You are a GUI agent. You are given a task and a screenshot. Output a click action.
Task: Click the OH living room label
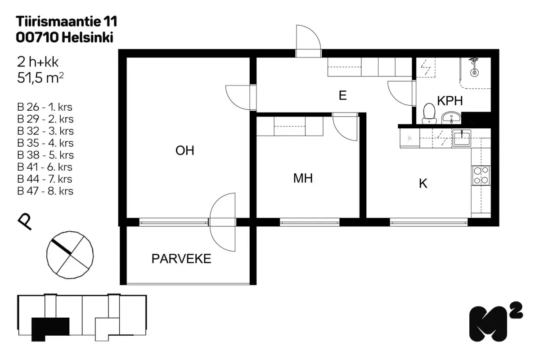tap(185, 151)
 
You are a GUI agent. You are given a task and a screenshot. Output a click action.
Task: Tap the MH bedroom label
tap(303, 179)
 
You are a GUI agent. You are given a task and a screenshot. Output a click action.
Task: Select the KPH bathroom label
tap(450, 101)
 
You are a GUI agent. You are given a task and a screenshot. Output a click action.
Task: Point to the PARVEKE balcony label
tap(181, 259)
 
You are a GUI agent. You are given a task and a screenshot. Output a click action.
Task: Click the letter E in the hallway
tap(342, 96)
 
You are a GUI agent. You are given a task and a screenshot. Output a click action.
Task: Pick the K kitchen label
tap(423, 184)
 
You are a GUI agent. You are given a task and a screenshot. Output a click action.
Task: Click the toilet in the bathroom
tap(429, 113)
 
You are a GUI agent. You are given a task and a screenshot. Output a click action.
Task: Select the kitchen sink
tap(461, 138)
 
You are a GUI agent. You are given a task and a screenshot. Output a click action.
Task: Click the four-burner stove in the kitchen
tap(481, 175)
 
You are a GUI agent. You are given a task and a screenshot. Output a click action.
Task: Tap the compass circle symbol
tap(70, 255)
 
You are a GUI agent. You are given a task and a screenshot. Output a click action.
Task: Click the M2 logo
tap(495, 322)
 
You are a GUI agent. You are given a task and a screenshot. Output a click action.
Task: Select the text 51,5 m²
tap(40, 78)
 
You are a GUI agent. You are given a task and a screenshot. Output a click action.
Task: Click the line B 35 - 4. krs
tap(45, 143)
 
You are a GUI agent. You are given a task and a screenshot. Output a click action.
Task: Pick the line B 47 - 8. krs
tap(45, 191)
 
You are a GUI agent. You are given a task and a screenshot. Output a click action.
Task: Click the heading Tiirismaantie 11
tap(67, 21)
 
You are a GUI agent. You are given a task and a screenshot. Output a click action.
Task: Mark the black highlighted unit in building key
tap(50, 327)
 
